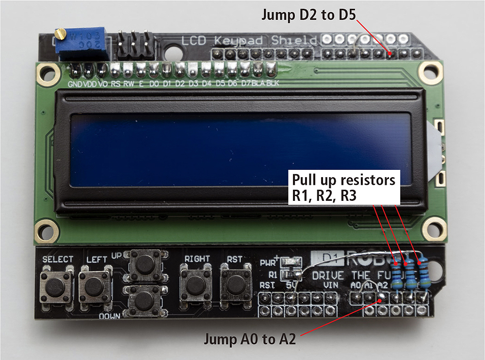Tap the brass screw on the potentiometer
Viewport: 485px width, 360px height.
pyautogui.click(x=60, y=34)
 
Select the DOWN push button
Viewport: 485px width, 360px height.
pyautogui.click(x=144, y=300)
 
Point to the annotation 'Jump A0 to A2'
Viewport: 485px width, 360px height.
pyautogui.click(x=250, y=339)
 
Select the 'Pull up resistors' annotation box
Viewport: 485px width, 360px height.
pyautogui.click(x=344, y=187)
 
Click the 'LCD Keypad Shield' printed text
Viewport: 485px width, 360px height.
pyautogui.click(x=249, y=40)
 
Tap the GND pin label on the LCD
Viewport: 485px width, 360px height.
pyautogui.click(x=75, y=83)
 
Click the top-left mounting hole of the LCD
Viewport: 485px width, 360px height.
pyautogui.click(x=47, y=73)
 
